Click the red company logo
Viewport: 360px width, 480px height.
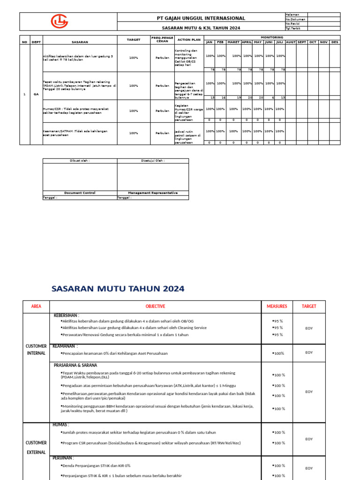[60, 22]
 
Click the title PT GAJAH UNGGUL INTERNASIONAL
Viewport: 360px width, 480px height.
[201, 18]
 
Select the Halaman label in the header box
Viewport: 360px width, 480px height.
[292, 15]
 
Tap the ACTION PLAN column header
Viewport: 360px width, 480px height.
[189, 40]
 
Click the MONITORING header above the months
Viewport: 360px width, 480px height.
[272, 37]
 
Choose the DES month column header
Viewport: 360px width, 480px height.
[334, 42]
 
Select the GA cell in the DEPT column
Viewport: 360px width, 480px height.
[36, 94]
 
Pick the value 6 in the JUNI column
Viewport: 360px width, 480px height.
[272, 97]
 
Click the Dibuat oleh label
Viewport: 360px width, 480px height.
[80, 160]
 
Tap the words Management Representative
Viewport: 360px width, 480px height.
[153, 193]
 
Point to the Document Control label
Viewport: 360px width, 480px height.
[80, 193]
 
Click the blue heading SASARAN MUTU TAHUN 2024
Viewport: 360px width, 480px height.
[118, 289]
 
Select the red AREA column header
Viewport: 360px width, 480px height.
[36, 306]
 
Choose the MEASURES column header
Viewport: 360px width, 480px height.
[277, 306]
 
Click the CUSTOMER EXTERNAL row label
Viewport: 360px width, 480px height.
[36, 447]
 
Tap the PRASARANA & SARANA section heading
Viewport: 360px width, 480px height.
[75, 365]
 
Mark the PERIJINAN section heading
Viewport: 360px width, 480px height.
[63, 458]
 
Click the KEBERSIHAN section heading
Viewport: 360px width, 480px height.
[67, 315]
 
